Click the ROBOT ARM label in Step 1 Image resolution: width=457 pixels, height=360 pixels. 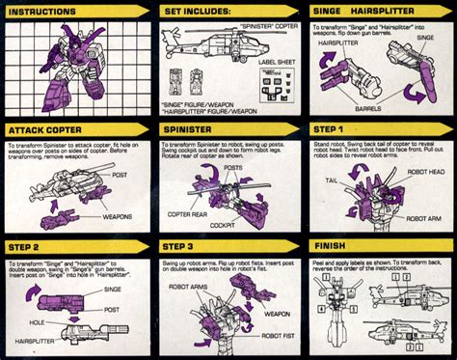pos(423,218)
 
